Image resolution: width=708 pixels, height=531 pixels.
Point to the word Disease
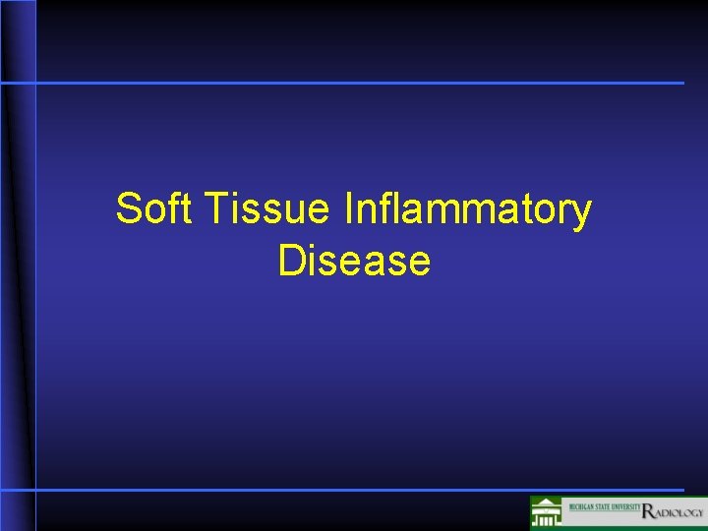[354, 262]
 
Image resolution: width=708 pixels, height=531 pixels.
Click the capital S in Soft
[127, 209]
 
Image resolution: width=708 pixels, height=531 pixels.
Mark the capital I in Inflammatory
[350, 209]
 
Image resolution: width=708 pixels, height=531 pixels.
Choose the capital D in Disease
[290, 262]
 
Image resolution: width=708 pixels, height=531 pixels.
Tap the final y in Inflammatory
[582, 214]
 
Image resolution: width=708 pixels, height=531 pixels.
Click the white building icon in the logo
[546, 513]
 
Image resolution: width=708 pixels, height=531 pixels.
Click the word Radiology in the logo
[673, 511]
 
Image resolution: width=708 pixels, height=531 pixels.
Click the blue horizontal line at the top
[354, 83]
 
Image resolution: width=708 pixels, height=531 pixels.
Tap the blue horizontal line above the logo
[354, 489]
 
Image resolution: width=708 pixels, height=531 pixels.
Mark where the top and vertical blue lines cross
[35, 83]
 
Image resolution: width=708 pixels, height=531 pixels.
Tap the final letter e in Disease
[420, 264]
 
